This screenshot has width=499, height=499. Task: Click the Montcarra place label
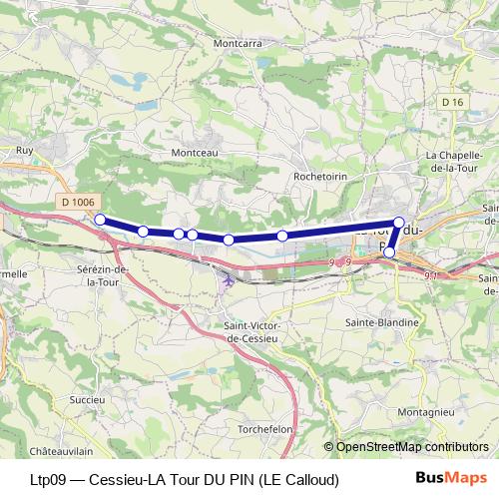238,43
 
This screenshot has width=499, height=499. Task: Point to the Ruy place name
26,151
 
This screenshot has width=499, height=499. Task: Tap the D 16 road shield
452,102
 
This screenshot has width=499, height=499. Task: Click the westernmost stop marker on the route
100,219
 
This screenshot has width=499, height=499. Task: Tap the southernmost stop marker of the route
389,253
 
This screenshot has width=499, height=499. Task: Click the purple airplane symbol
230,280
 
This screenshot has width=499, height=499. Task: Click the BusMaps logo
452,479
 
